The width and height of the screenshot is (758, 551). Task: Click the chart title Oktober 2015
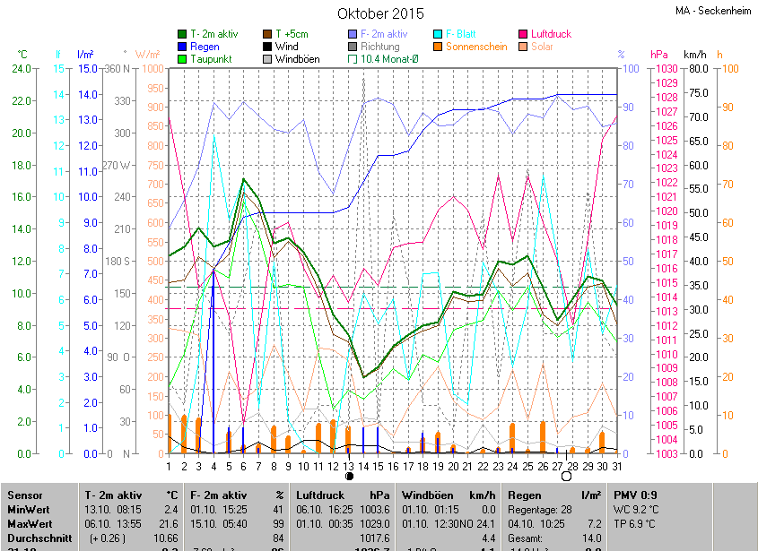pyautogui.click(x=380, y=13)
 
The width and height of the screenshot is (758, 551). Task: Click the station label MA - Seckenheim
pyautogui.click(x=712, y=11)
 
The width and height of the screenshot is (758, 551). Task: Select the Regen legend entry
pyautogui.click(x=205, y=46)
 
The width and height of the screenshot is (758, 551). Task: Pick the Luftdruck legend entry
pyautogui.click(x=549, y=33)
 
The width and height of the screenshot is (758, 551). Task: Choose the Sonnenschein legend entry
pyautogui.click(x=475, y=46)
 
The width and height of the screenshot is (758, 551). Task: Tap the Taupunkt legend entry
pyautogui.click(x=212, y=58)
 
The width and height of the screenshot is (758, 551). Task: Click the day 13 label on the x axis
pyautogui.click(x=348, y=466)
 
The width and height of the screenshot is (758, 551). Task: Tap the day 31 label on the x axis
pyautogui.click(x=615, y=466)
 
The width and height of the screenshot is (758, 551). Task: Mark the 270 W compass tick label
pyautogui.click(x=118, y=165)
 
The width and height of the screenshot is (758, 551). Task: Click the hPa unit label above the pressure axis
pyautogui.click(x=659, y=54)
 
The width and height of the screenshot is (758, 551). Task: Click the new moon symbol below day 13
pyautogui.click(x=348, y=478)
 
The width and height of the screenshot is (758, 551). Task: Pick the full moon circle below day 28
pyautogui.click(x=566, y=478)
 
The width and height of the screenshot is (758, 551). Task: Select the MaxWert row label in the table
pyautogui.click(x=30, y=523)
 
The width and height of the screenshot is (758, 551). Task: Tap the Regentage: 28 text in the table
pyautogui.click(x=541, y=509)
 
